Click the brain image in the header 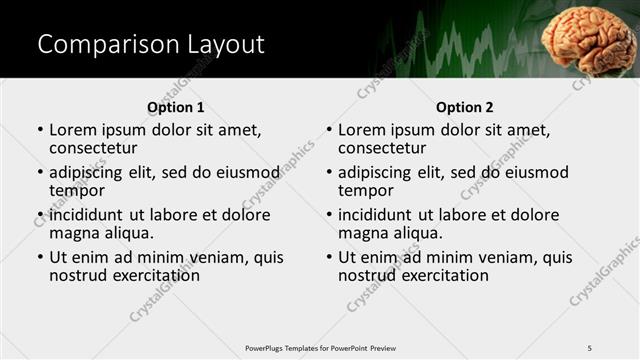pos(590,39)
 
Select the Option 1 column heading pos(175,107)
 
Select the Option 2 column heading pos(464,107)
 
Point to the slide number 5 pos(589,347)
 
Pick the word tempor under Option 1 pos(77,191)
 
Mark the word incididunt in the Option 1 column pos(86,215)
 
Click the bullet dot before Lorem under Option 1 pos(40,130)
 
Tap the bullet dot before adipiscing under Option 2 pos(329,173)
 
